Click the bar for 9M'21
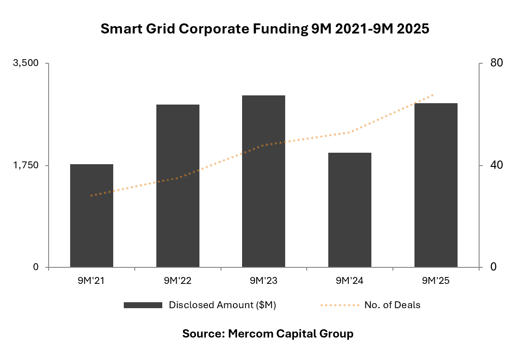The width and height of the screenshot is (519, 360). click(x=91, y=216)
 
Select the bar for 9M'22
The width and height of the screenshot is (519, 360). click(x=177, y=186)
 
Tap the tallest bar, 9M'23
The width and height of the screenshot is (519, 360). click(x=264, y=181)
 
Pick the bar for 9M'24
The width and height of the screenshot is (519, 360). click(x=349, y=210)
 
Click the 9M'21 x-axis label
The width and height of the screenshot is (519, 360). click(x=91, y=281)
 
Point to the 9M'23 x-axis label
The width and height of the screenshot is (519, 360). click(x=264, y=281)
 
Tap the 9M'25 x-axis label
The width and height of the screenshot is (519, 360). click(x=436, y=281)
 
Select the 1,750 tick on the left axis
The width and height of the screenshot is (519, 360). click(x=27, y=165)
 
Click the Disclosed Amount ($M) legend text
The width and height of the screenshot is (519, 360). click(x=222, y=305)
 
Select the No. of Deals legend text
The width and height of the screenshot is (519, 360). click(x=392, y=305)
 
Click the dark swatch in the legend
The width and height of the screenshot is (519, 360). click(x=143, y=305)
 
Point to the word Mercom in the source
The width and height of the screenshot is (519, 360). click(x=250, y=333)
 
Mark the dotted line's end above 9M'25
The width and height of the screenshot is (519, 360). click(x=433, y=95)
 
